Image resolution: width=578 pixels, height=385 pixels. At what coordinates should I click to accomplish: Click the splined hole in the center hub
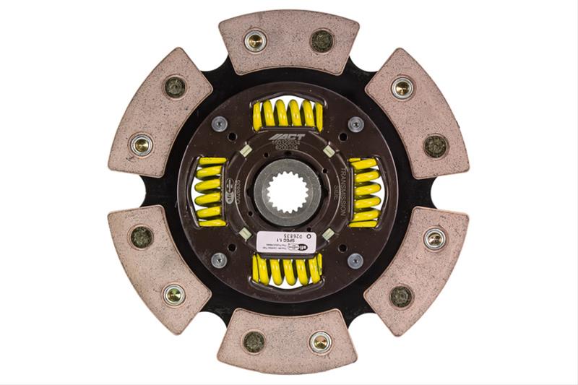tap(287, 193)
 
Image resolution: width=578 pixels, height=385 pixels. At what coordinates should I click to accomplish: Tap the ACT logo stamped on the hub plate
tap(287, 137)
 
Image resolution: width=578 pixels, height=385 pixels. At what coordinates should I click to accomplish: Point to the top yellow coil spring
tap(287, 114)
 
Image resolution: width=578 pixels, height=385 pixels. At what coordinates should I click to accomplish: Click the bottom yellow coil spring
tap(287, 270)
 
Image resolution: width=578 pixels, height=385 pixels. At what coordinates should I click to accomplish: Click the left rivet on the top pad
tap(254, 40)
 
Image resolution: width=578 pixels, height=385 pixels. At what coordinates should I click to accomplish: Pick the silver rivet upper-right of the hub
tap(355, 124)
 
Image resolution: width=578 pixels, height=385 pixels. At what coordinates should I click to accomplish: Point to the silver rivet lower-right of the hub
tap(355, 261)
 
